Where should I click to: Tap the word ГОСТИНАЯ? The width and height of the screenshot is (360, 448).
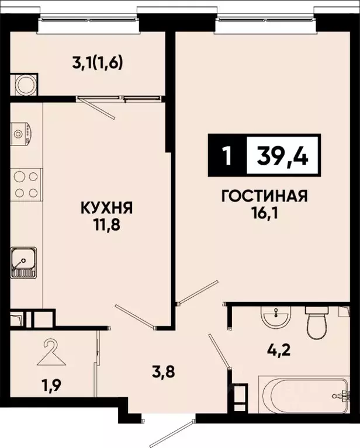pos(264,195)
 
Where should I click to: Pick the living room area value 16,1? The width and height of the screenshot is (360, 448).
pos(264,212)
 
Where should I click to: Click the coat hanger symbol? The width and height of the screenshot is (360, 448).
pos(51,352)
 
